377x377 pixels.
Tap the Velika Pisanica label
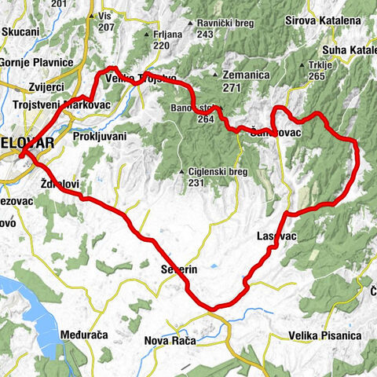pos(324,335)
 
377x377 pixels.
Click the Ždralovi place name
pos(59,184)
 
